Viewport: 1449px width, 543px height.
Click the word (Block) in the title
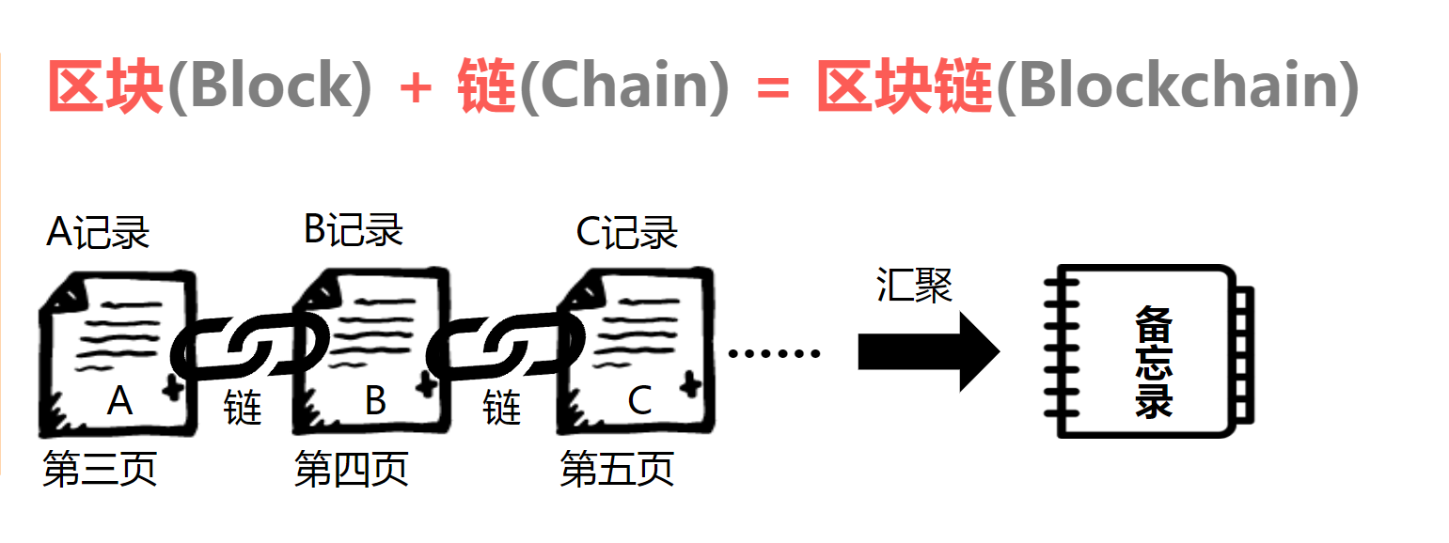(x=270, y=86)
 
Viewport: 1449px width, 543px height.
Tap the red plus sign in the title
(x=416, y=88)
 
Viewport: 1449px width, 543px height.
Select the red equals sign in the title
(x=772, y=88)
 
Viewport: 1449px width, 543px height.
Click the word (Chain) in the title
(x=624, y=86)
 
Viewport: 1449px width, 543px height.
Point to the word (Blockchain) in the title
(x=1177, y=86)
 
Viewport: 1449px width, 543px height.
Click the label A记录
(x=99, y=232)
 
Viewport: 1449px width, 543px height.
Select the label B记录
(x=354, y=229)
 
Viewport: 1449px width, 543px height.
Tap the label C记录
(x=627, y=232)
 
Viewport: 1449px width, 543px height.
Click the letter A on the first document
(x=119, y=401)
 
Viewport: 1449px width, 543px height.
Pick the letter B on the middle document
(x=376, y=400)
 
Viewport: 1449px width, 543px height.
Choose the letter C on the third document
(x=639, y=401)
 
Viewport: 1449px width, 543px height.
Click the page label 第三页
(x=101, y=469)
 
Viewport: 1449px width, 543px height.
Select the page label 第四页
(x=352, y=469)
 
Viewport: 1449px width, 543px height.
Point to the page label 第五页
(x=617, y=469)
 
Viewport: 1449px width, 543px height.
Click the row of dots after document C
(x=774, y=353)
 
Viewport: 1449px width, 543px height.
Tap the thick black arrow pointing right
(x=929, y=351)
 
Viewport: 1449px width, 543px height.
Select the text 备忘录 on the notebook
(x=1154, y=363)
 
